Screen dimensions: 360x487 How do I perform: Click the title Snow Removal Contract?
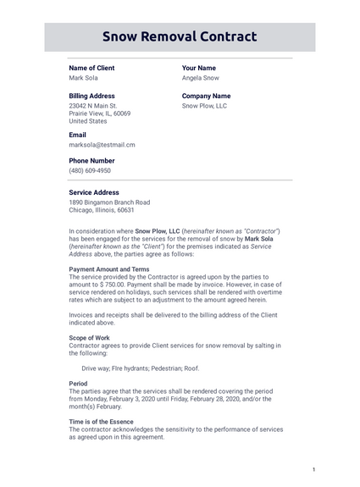click(x=180, y=36)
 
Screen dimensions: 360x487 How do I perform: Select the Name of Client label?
click(x=91, y=68)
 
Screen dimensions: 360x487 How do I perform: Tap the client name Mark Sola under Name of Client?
click(x=83, y=78)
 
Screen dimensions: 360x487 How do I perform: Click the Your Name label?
click(x=199, y=68)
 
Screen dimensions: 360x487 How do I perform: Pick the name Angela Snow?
click(x=201, y=78)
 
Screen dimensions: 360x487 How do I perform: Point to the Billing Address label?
click(x=91, y=97)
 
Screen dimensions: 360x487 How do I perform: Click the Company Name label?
click(x=206, y=97)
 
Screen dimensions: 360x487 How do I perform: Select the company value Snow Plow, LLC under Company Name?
click(x=204, y=106)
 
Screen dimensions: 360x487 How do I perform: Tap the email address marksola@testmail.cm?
click(x=102, y=145)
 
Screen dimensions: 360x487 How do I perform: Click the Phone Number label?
click(x=91, y=161)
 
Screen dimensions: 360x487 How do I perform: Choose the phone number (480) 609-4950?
click(x=90, y=170)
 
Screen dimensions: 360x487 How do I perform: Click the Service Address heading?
click(x=94, y=192)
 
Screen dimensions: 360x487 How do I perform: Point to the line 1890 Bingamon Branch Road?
click(x=109, y=202)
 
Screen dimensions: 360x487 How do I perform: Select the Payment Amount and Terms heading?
click(x=108, y=269)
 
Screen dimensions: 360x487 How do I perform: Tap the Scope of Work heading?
click(x=89, y=338)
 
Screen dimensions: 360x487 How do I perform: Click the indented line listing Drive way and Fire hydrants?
click(x=141, y=368)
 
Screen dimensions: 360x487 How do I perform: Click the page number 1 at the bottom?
click(x=313, y=470)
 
